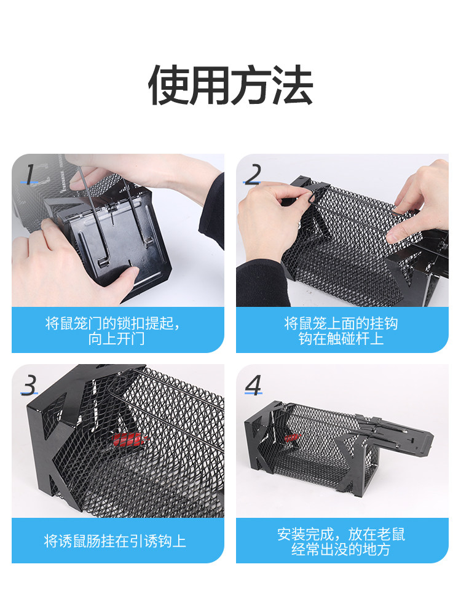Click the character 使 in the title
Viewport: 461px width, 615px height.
pos(168,85)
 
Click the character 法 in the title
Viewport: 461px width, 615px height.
pos(293,85)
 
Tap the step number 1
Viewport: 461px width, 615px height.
pos(30,174)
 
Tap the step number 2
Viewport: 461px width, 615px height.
pos(253,175)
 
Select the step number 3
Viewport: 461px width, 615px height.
pos(30,385)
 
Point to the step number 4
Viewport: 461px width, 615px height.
pos(253,385)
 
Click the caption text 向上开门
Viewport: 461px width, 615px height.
pos(116,338)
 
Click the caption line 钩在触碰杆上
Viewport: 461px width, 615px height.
pos(341,338)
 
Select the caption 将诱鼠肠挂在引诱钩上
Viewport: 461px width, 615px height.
pos(115,541)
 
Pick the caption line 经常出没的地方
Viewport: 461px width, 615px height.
pos(341,549)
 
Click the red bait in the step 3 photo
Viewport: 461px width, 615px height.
pos(128,438)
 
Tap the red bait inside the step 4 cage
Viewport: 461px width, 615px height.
pos(293,437)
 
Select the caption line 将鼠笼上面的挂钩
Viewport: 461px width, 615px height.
pos(341,323)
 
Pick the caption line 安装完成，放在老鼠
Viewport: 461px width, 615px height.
pos(341,534)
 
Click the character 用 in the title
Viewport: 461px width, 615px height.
pos(210,85)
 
